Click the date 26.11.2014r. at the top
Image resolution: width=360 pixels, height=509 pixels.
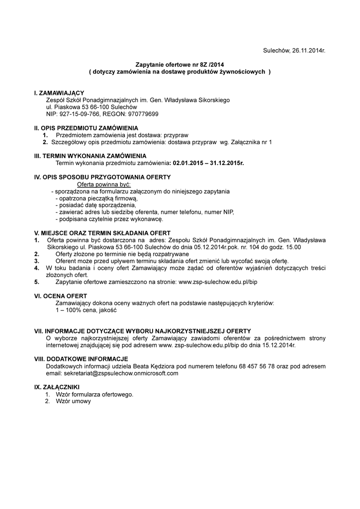(x=305, y=51)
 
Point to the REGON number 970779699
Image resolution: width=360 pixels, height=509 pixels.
(x=143, y=114)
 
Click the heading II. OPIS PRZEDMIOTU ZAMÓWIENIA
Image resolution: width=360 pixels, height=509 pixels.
(x=86, y=128)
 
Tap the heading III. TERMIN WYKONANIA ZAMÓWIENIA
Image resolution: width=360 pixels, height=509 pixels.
(x=90, y=156)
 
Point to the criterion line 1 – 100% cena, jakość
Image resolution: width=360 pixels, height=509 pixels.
(x=86, y=310)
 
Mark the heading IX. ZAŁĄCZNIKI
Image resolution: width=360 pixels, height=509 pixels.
(x=56, y=387)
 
